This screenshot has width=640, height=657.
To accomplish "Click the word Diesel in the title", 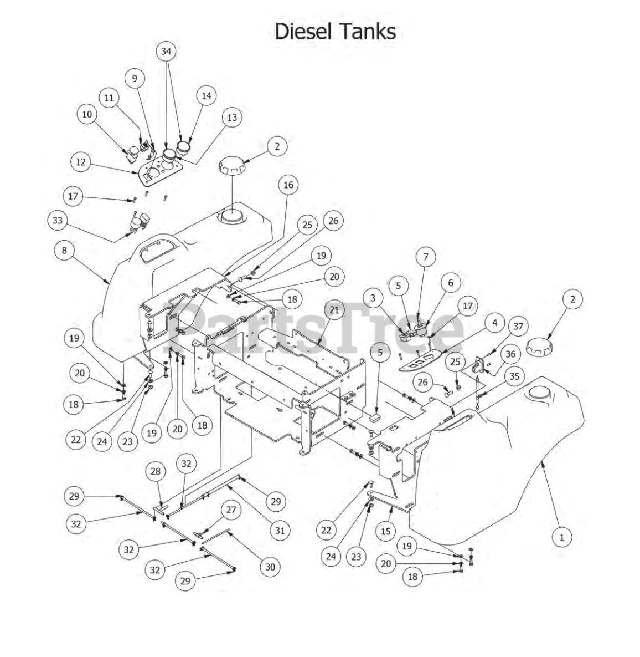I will coord(303,31).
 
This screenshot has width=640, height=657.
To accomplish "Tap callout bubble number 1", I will coord(562,537).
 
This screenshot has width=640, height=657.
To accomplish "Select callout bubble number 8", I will coord(64,250).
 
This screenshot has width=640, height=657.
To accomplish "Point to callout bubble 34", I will coord(166,52).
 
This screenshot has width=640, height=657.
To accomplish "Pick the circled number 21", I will coord(334,310).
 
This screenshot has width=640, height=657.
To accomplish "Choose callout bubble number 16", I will coord(288,185).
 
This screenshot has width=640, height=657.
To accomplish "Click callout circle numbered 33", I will coord(58,221).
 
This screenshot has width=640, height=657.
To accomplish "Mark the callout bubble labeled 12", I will coord(81,162).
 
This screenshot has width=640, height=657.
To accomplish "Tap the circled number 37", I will coord(518,327).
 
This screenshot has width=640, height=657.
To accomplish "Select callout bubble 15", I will coord(386,531).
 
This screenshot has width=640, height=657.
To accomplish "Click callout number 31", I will coord(280,531).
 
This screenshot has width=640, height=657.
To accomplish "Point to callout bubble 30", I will coord(270,567).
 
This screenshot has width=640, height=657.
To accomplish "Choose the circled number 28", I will coord(156,471).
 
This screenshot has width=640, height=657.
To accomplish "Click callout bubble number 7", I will coord(426,257).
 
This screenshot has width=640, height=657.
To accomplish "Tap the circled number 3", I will coord(373,298).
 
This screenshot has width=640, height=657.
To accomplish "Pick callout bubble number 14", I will coord(207,95).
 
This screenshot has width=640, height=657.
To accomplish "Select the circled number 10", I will coord(87,114).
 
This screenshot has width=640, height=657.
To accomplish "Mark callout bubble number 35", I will coord(514,376).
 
